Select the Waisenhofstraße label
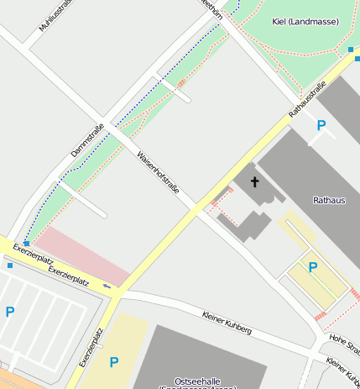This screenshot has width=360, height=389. click(x=158, y=171)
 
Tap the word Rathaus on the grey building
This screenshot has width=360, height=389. click(x=328, y=200)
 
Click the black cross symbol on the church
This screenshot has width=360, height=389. click(x=254, y=181)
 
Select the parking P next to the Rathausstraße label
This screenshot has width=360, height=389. click(x=321, y=125)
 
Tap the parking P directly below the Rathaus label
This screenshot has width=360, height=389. click(x=312, y=267)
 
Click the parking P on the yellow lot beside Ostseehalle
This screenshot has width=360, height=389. click(x=114, y=362)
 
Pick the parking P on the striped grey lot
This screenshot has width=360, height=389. click(x=10, y=312)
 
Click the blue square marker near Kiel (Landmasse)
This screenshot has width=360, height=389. click(x=350, y=50)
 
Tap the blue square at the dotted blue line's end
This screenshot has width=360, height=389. click(x=27, y=243)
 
